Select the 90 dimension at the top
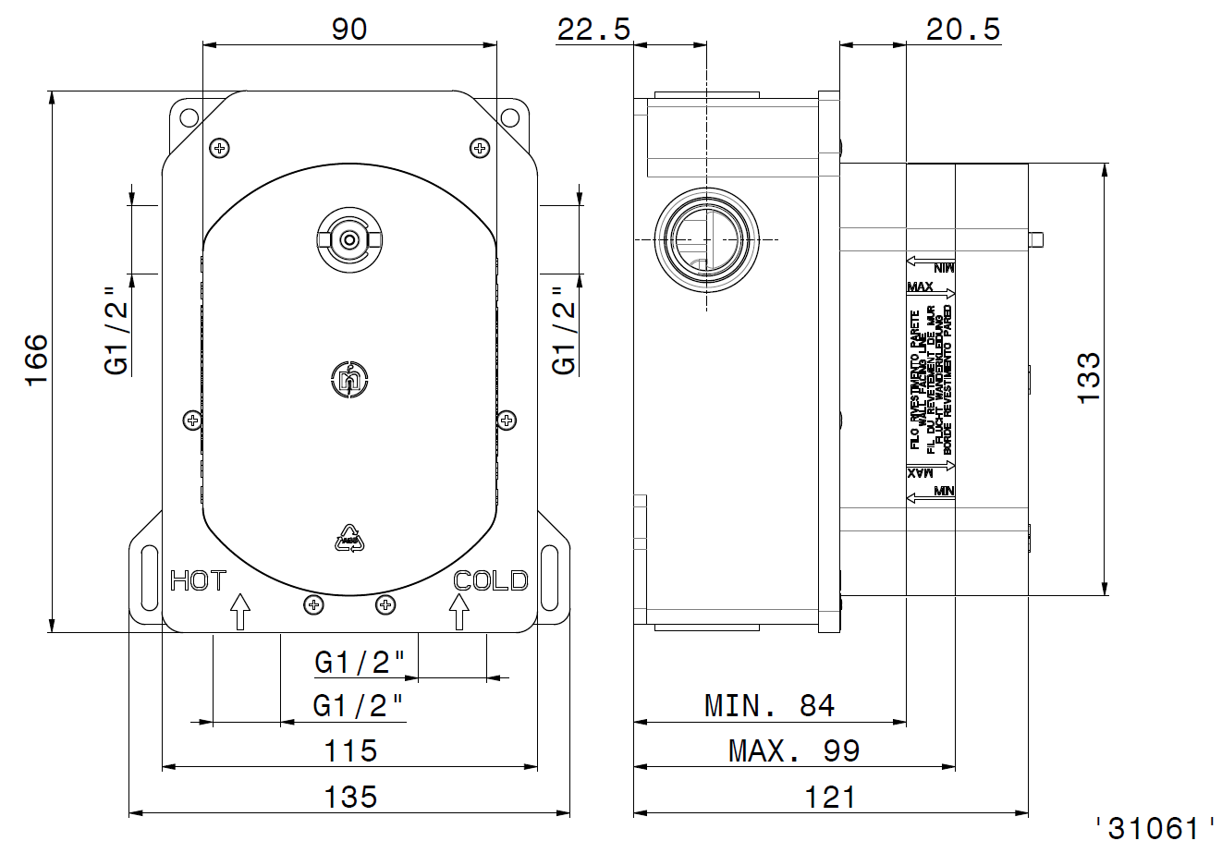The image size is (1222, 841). pyautogui.click(x=349, y=29)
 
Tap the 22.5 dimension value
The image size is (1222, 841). pyautogui.click(x=593, y=30)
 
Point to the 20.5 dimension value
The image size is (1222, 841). pyautogui.click(x=963, y=30)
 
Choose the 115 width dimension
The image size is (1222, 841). pyautogui.click(x=350, y=750)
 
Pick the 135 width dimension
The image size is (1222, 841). pyautogui.click(x=350, y=797)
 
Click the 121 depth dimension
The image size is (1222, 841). pyautogui.click(x=829, y=797)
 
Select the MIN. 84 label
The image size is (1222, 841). pyautogui.click(x=769, y=706)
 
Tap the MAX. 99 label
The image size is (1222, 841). pyautogui.click(x=793, y=750)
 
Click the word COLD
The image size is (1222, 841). pyautogui.click(x=491, y=580)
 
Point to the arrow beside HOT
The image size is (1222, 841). pyautogui.click(x=239, y=611)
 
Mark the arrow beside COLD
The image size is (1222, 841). pyautogui.click(x=458, y=611)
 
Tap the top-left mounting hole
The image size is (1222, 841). pyautogui.click(x=189, y=117)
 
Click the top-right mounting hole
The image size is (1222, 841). pyautogui.click(x=509, y=117)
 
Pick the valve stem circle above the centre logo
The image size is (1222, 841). pyautogui.click(x=349, y=239)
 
